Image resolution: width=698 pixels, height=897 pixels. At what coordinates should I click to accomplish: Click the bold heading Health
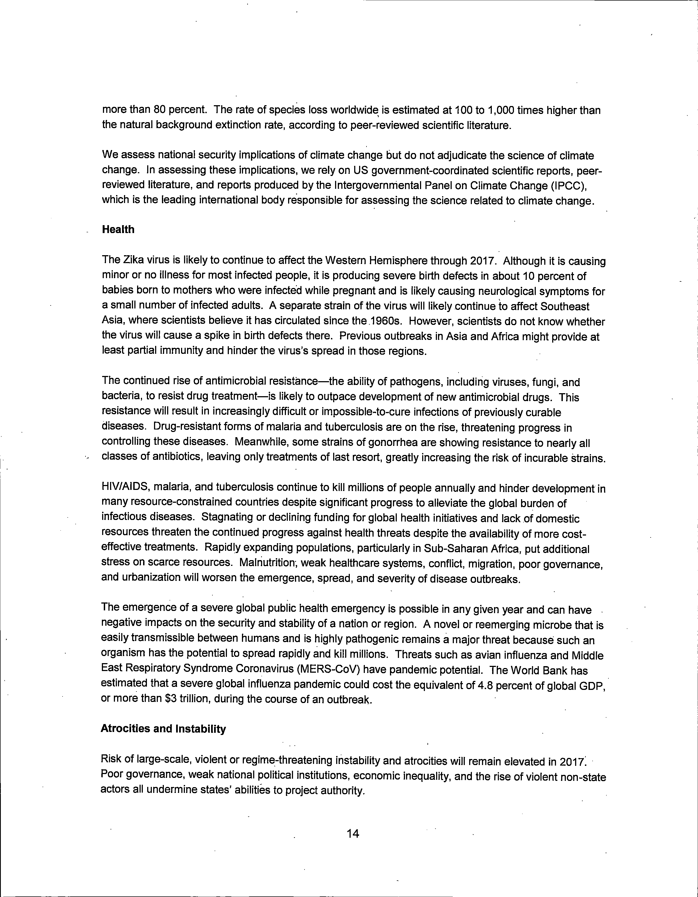coord(118,230)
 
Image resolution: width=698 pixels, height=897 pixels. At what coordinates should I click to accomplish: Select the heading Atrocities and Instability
coord(163,729)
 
